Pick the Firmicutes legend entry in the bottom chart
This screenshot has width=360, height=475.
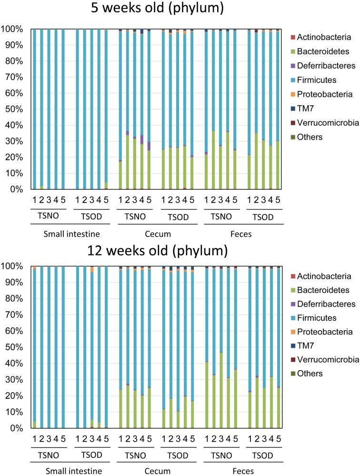click(x=321, y=318)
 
